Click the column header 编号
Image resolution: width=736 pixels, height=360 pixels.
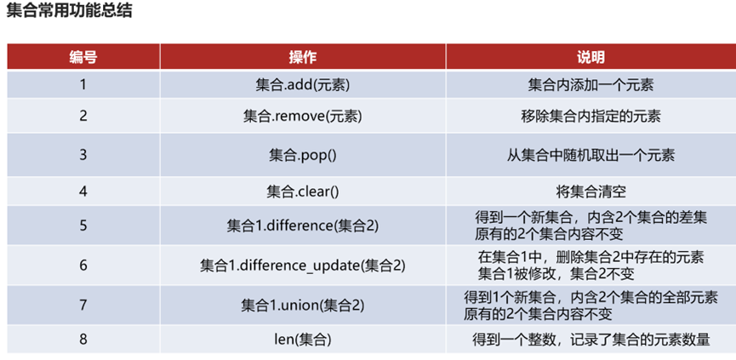point(83,58)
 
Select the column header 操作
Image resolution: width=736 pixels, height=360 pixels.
point(302,58)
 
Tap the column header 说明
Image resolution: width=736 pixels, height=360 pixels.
point(591,58)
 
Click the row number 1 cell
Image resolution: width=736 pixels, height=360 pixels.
point(83,85)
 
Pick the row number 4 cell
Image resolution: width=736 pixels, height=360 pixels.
point(83,191)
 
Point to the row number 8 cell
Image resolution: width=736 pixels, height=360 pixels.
point(83,339)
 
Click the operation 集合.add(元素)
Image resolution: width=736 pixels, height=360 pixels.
point(302,85)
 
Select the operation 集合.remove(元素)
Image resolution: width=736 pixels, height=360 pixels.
point(302,117)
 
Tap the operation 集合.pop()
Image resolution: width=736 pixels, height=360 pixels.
point(302,156)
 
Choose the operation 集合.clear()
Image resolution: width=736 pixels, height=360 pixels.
point(302,191)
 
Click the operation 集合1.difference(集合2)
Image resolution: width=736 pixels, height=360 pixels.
point(302,226)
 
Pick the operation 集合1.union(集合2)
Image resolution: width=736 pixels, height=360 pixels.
point(302,304)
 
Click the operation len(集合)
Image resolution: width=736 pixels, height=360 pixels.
point(302,339)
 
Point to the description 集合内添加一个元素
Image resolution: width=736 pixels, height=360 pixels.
point(591,85)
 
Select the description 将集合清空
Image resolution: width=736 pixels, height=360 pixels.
point(591,191)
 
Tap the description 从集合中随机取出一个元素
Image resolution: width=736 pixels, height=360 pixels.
point(591,156)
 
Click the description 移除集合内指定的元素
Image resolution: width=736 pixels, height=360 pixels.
point(591,117)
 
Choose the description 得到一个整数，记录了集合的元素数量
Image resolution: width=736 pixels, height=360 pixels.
point(591,339)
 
